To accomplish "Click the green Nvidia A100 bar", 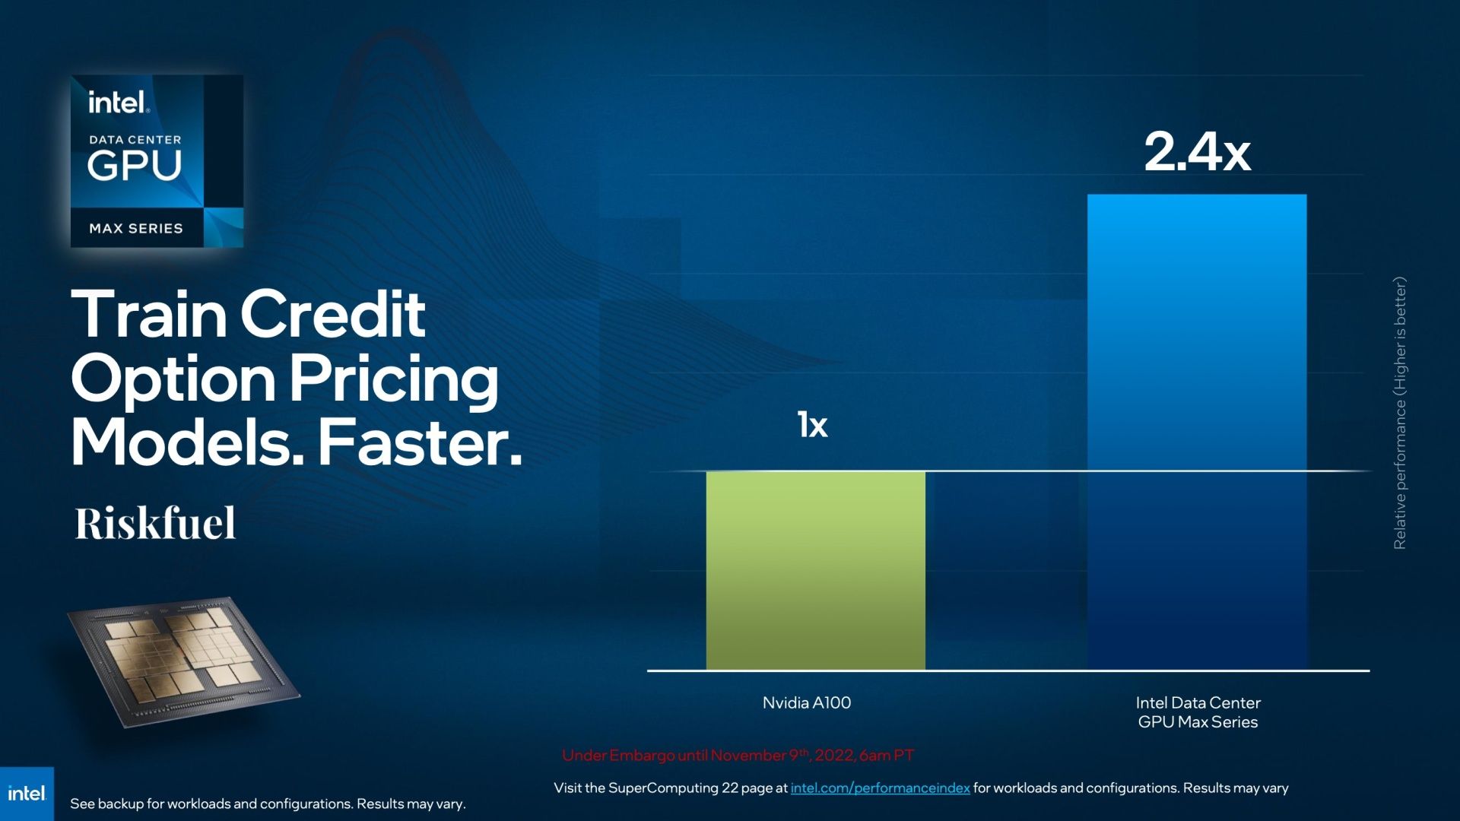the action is [x=815, y=570].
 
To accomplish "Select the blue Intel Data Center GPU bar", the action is [x=1197, y=432].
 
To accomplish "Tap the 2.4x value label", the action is [x=1198, y=151].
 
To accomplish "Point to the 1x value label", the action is [x=812, y=424].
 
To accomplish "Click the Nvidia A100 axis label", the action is [x=807, y=702].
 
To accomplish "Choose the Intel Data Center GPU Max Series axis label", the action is [x=1198, y=712].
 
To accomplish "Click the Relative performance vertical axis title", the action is [x=1399, y=413].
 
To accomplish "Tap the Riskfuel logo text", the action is [x=155, y=523].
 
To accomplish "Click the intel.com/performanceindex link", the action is [x=880, y=788].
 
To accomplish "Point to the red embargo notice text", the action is [x=738, y=756].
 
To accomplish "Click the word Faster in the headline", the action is [x=421, y=442].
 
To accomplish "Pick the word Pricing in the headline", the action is [x=393, y=380].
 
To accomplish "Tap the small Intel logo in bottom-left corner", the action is [x=27, y=794].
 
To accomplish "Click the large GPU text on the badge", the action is [x=135, y=165].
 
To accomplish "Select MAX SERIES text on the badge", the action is [x=136, y=229].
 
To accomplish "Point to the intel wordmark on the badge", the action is [x=119, y=102].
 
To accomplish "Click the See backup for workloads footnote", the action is [x=268, y=804].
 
